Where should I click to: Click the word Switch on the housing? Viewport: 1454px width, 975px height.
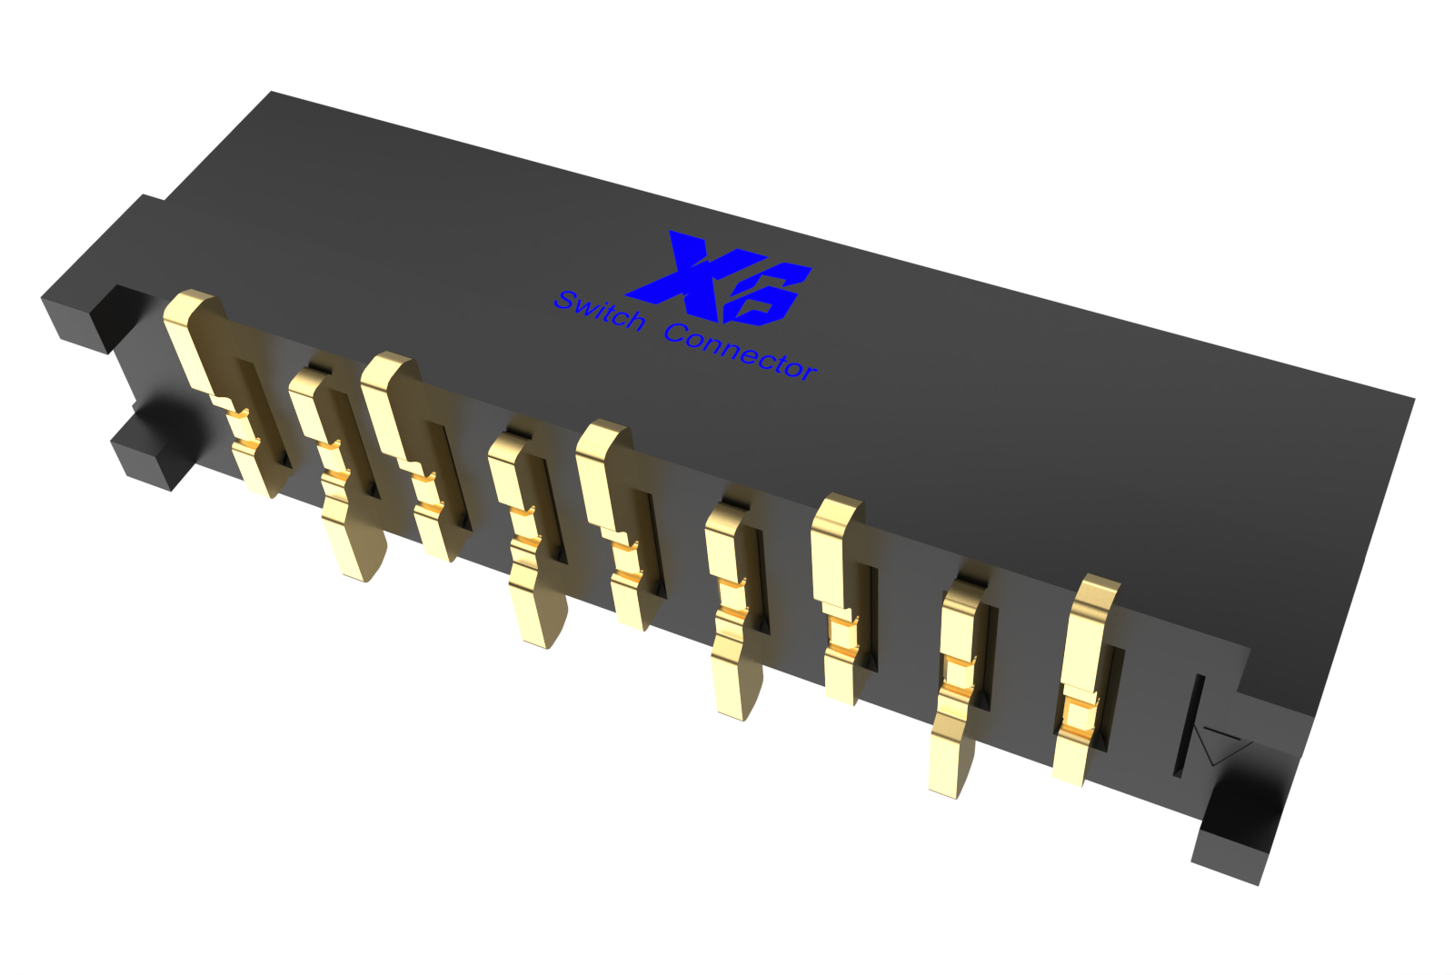599,310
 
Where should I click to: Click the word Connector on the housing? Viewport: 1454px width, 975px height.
740,351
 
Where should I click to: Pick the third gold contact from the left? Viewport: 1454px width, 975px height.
415,454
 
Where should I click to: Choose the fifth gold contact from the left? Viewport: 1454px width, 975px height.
620,522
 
